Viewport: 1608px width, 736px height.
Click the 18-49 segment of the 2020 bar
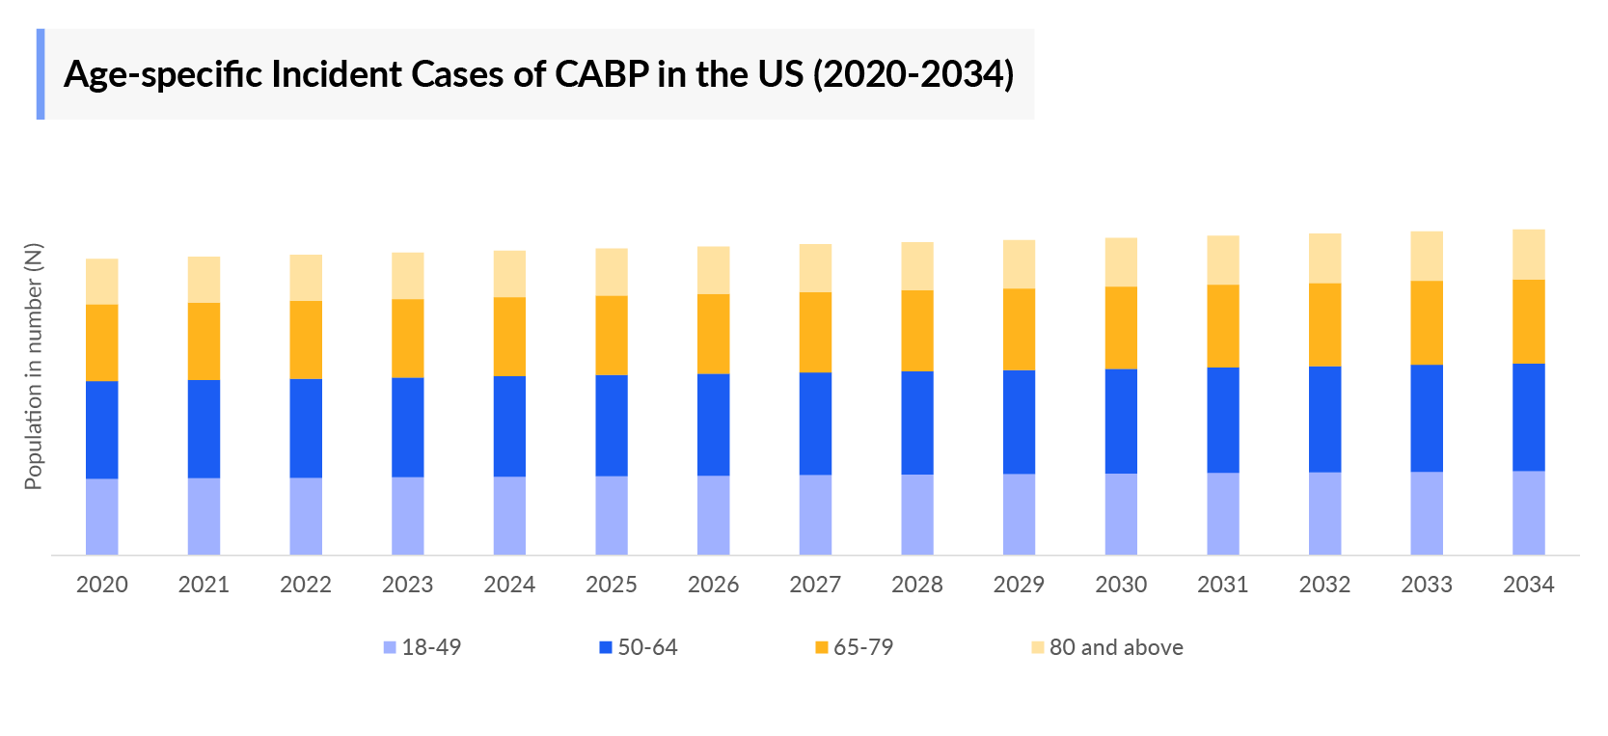pos(101,516)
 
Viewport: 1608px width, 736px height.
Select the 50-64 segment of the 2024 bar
pos(509,425)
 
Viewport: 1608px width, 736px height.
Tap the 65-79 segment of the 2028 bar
pos(916,330)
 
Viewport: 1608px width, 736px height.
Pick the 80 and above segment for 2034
pos(1528,255)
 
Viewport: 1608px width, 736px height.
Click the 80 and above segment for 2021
pos(204,280)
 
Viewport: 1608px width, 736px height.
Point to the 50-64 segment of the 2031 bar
pos(1222,420)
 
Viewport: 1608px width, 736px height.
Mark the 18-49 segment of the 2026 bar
pos(713,514)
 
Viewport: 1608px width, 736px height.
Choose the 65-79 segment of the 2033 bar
pos(1426,322)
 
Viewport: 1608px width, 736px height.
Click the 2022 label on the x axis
pos(306,585)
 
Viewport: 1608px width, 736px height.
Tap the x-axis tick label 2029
pos(1019,585)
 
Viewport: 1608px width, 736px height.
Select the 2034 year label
pos(1528,585)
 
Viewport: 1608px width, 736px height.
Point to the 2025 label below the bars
pos(612,585)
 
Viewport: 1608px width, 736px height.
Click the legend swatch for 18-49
pos(390,647)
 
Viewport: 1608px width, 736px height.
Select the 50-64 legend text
pos(647,647)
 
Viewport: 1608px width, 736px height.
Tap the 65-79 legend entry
pos(862,647)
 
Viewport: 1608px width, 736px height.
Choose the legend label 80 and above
pos(1116,647)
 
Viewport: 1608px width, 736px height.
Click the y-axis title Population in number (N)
pos(34,367)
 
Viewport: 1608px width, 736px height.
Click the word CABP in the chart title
pos(601,74)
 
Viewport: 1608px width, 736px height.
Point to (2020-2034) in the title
pos(913,74)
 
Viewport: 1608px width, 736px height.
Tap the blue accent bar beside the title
pos(41,74)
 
